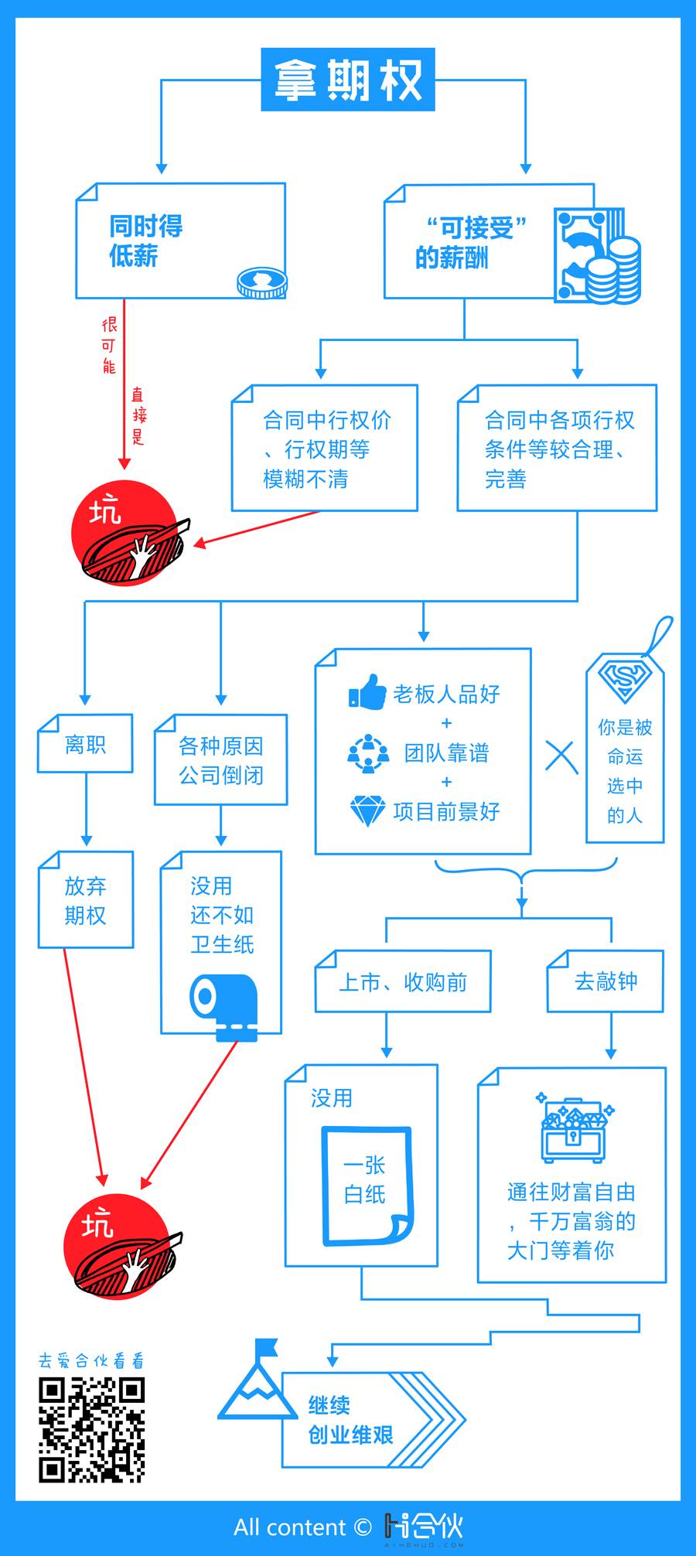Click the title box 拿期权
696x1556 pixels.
tap(348, 80)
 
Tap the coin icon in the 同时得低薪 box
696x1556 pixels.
tap(261, 283)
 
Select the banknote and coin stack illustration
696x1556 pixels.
tap(597, 257)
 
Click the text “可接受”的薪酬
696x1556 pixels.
tap(472, 242)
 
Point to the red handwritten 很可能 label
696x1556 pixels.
tap(109, 345)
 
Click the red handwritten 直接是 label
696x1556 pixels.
tap(138, 417)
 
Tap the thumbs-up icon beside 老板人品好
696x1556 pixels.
tap(367, 692)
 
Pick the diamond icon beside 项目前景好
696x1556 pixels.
tap(367, 811)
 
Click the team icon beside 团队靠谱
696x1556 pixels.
tap(368, 752)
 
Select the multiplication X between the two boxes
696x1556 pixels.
tap(561, 756)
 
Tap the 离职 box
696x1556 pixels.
tap(85, 744)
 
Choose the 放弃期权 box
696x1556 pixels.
tap(86, 900)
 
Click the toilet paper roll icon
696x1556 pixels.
tap(223, 1006)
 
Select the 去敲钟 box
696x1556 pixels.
tap(606, 981)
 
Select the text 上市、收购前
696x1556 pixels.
tap(403, 982)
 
